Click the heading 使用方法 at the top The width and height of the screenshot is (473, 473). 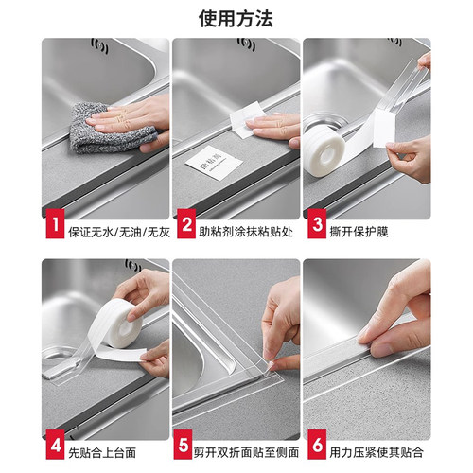click(x=236, y=17)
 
